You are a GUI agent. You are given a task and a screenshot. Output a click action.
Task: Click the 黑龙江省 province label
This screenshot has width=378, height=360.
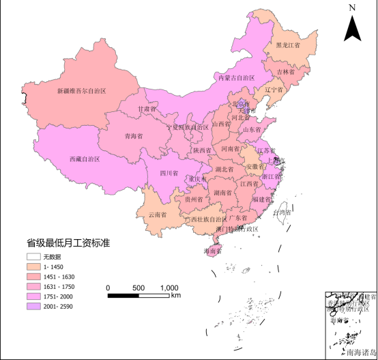287,46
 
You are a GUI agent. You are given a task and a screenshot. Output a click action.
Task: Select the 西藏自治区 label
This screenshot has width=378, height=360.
85,158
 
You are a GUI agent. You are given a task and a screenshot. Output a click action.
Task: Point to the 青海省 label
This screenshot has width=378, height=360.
134,136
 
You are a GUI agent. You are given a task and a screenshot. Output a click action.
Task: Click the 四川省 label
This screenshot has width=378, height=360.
169,173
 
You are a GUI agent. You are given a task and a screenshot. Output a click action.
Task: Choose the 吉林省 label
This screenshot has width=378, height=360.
286,71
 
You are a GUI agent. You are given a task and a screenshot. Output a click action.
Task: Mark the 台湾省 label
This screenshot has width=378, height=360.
281,212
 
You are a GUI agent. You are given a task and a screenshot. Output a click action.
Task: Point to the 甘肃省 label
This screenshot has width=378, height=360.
147,109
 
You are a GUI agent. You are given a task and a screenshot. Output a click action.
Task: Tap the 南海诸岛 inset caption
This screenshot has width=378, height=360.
361,352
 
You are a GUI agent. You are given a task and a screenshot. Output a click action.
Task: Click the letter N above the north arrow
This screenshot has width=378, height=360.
352,8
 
